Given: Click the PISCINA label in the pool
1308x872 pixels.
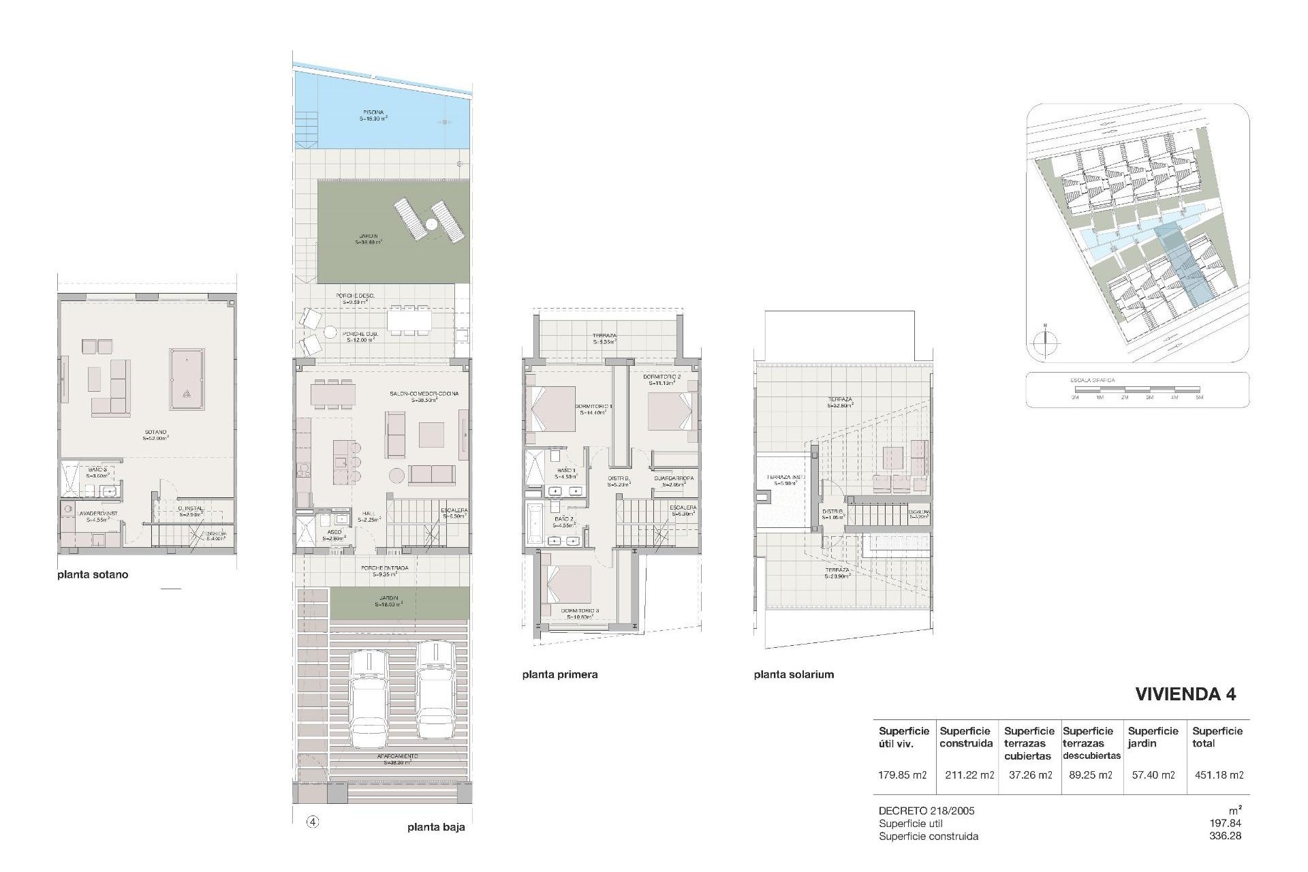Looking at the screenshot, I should click(x=373, y=112).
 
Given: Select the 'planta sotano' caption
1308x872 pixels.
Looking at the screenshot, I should click(x=93, y=574).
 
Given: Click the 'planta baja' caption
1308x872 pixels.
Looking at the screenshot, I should click(x=436, y=828).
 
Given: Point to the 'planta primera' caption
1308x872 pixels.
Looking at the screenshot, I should click(x=560, y=674).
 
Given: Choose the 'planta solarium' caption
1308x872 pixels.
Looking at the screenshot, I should click(x=794, y=674).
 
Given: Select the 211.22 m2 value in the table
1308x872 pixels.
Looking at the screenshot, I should click(x=969, y=775).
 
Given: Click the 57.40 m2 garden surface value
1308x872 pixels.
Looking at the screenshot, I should click(x=1153, y=775).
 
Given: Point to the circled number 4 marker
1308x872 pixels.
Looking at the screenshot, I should click(x=313, y=822).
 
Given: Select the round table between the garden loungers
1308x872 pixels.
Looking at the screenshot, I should click(x=431, y=224).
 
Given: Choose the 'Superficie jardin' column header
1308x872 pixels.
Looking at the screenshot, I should click(x=1153, y=737).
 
